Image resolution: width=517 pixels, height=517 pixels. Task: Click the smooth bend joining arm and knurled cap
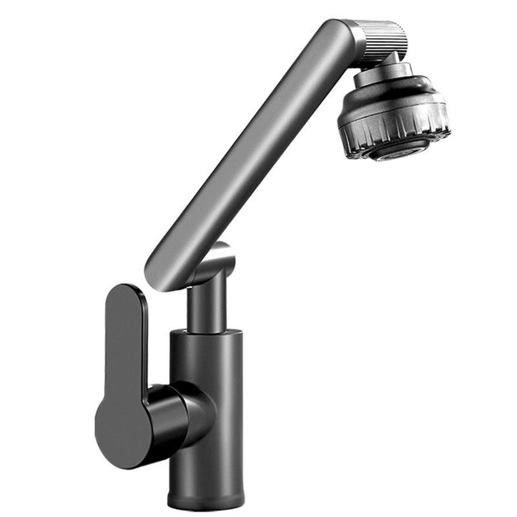(344, 34)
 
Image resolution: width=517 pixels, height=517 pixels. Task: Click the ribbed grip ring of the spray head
(393, 127)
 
